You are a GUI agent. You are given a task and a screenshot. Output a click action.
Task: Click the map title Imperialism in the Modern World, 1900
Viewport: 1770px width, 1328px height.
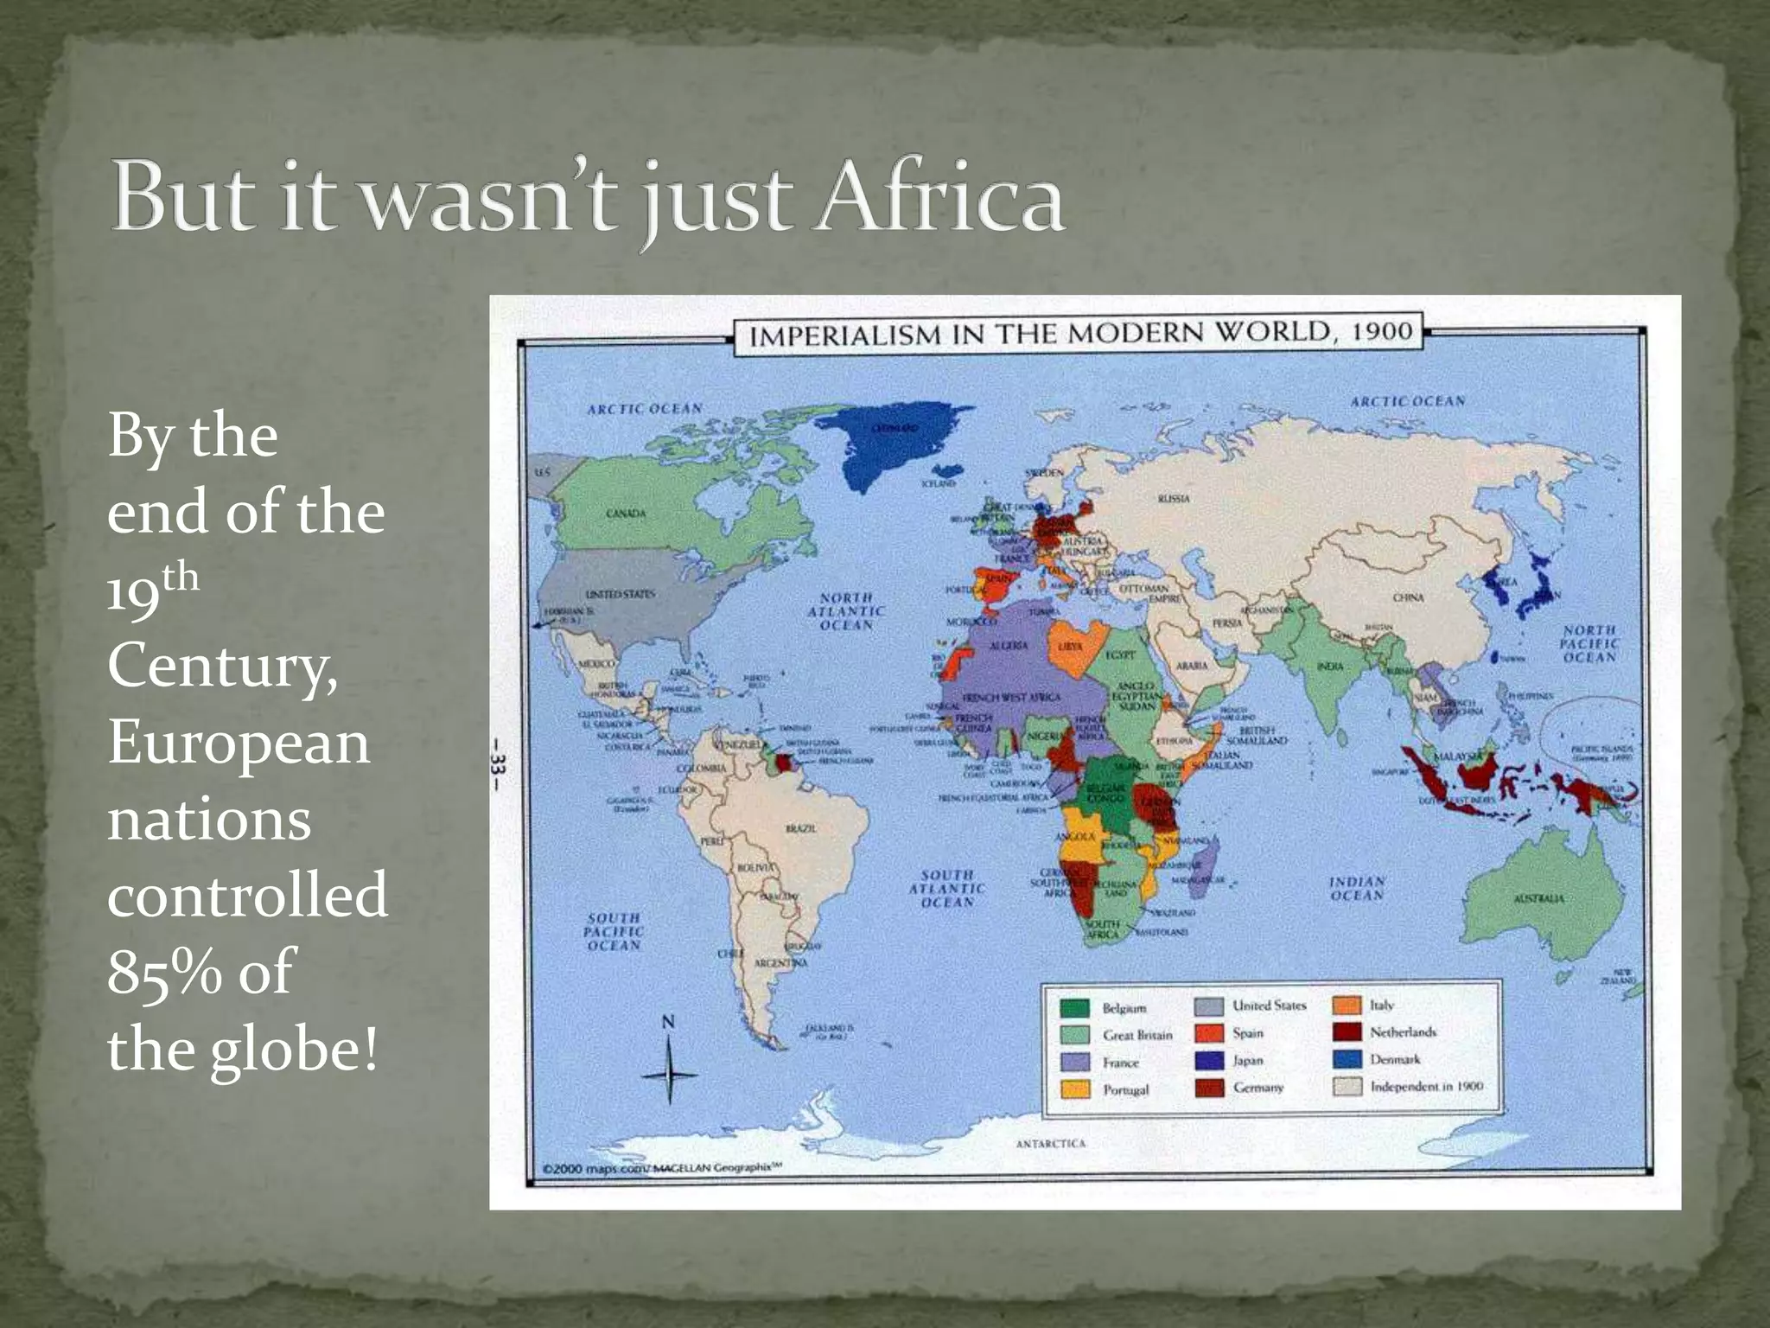point(1079,333)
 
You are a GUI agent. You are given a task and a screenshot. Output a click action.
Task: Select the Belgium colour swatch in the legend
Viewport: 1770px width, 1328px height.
point(1074,1008)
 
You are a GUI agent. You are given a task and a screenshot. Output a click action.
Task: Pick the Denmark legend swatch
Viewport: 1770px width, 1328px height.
point(1347,1059)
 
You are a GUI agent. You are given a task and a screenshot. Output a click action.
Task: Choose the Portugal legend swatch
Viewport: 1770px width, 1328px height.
point(1074,1089)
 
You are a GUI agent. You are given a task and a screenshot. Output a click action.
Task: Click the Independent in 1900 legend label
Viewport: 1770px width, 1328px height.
point(1426,1086)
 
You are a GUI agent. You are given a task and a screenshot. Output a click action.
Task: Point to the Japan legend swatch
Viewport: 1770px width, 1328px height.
point(1209,1060)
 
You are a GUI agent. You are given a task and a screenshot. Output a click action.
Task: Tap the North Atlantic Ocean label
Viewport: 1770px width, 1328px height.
point(846,610)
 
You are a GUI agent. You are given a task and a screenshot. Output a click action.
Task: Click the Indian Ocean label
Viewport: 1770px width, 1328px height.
point(1357,889)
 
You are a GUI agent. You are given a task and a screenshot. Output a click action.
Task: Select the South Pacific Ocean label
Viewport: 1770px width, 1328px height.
point(614,931)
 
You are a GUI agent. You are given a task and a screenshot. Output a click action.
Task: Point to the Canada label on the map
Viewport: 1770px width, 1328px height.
point(626,514)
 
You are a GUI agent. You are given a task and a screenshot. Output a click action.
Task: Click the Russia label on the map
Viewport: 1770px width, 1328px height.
point(1173,499)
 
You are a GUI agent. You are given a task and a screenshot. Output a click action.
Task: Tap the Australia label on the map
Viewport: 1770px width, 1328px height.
point(1538,898)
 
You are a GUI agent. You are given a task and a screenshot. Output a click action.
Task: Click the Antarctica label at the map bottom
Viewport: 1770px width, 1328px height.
point(1050,1143)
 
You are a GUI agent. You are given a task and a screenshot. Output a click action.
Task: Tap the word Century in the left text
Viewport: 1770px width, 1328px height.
point(222,666)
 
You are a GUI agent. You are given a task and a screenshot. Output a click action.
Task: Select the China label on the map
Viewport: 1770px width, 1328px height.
point(1408,597)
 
